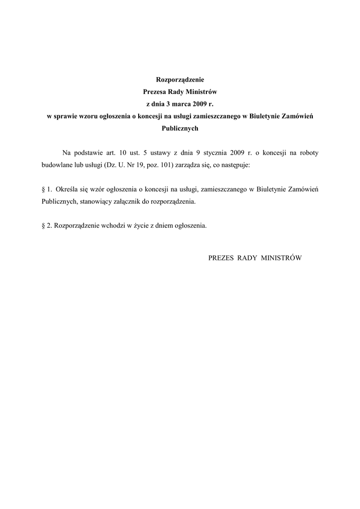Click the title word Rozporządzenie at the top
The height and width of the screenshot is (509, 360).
(180, 79)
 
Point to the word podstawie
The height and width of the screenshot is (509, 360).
(90, 152)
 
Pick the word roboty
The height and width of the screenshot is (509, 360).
(307, 152)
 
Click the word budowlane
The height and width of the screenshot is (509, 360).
(55, 165)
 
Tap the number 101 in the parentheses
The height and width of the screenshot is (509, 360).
(166, 165)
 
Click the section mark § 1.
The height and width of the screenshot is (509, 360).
(47, 189)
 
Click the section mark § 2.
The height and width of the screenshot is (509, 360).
(47, 226)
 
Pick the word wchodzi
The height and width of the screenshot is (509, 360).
(114, 226)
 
